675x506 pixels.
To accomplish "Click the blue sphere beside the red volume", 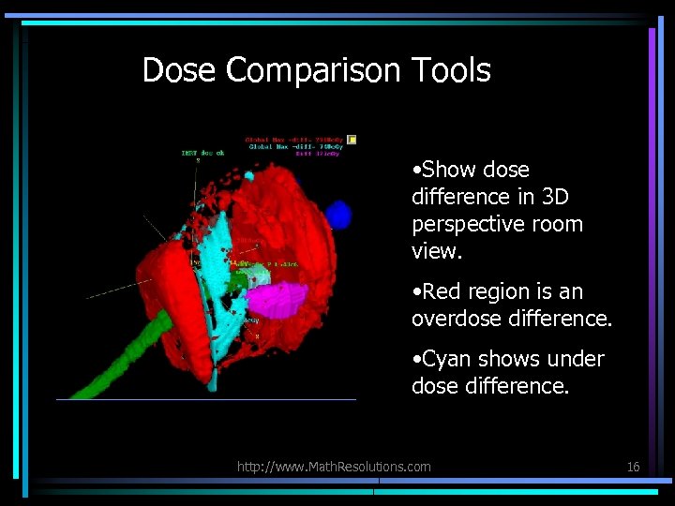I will coord(338,216).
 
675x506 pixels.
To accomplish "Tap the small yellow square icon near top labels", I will coord(352,140).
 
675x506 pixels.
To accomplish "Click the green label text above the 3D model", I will coord(202,153).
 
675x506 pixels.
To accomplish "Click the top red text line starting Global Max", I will coord(295,140).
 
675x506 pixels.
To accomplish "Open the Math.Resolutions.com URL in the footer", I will coord(334,466).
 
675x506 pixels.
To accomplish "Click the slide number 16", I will coord(633,466).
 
